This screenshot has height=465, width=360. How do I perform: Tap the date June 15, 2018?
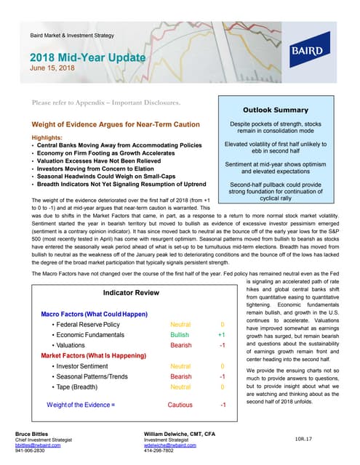pos(52,69)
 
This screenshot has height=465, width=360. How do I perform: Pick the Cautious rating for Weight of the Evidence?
pos(180,404)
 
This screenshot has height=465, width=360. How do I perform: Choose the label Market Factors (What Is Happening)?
pos(92,357)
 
